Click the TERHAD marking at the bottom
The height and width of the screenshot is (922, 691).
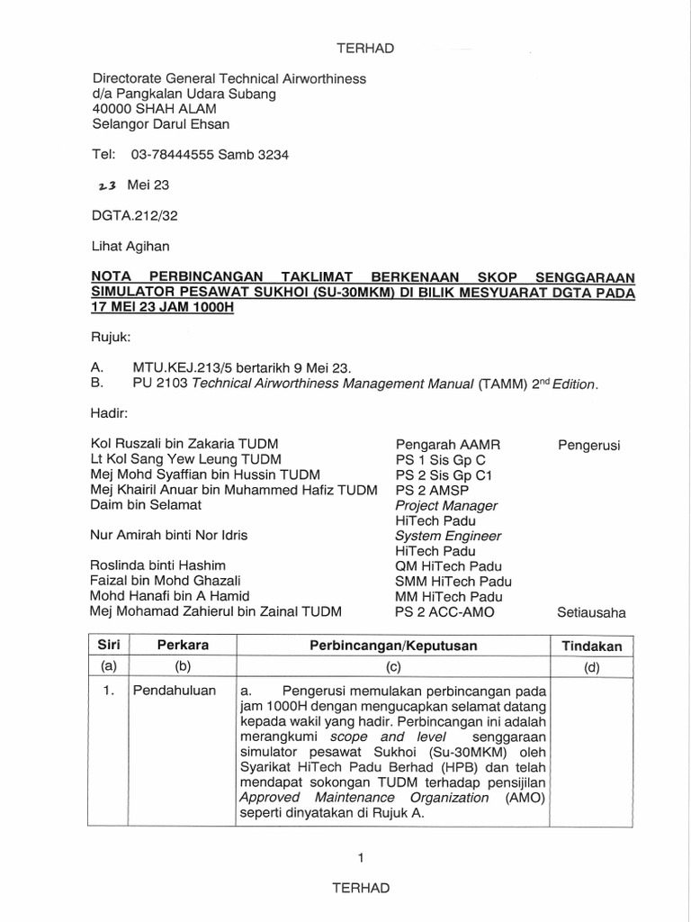(361, 888)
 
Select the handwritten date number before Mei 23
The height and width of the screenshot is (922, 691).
(107, 185)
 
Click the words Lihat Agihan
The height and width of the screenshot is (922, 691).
(130, 245)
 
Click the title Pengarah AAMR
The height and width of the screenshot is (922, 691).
(447, 444)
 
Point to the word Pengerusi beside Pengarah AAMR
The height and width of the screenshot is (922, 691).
(589, 444)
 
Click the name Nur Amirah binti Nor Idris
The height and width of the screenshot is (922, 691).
(169, 535)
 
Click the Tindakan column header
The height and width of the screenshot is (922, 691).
(591, 646)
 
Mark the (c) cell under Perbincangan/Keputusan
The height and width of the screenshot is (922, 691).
(393, 667)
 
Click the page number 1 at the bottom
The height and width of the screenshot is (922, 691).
(360, 858)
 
